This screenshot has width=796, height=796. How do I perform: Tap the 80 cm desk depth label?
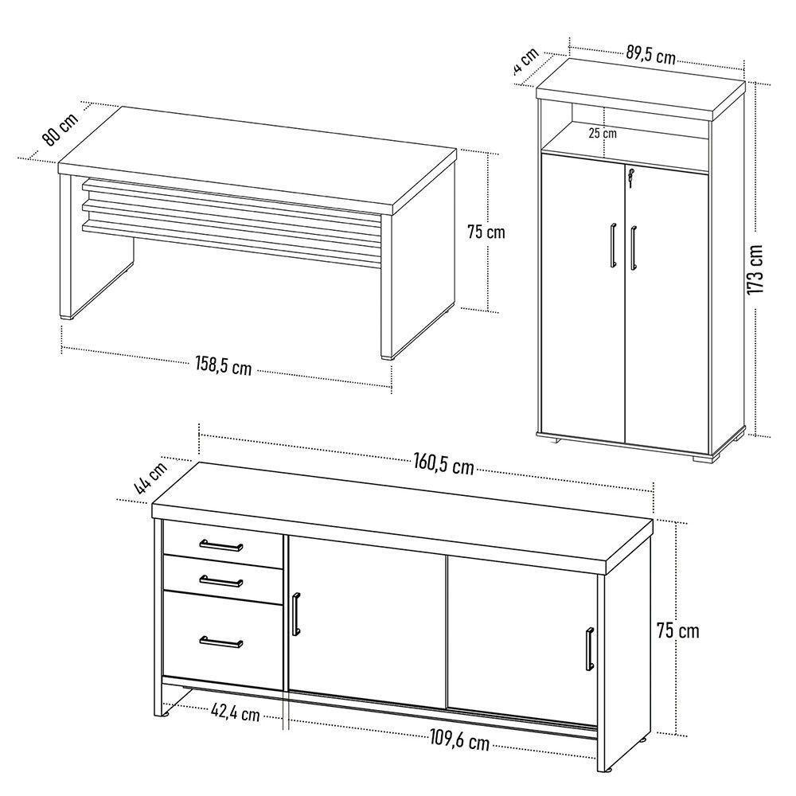(x=60, y=128)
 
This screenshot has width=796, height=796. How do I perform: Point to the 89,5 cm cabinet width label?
(x=650, y=56)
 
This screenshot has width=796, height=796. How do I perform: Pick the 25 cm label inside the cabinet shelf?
(x=603, y=133)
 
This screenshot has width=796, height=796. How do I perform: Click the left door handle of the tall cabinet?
(x=613, y=243)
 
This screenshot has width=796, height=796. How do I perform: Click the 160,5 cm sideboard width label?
(x=443, y=465)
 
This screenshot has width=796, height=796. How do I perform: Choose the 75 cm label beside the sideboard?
(x=677, y=630)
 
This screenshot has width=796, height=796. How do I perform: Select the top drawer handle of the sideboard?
(x=221, y=545)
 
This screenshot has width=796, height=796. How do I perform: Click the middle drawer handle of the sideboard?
(x=221, y=580)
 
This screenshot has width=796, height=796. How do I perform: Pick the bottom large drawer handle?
(x=221, y=642)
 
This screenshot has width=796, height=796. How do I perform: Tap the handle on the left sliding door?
(x=296, y=614)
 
